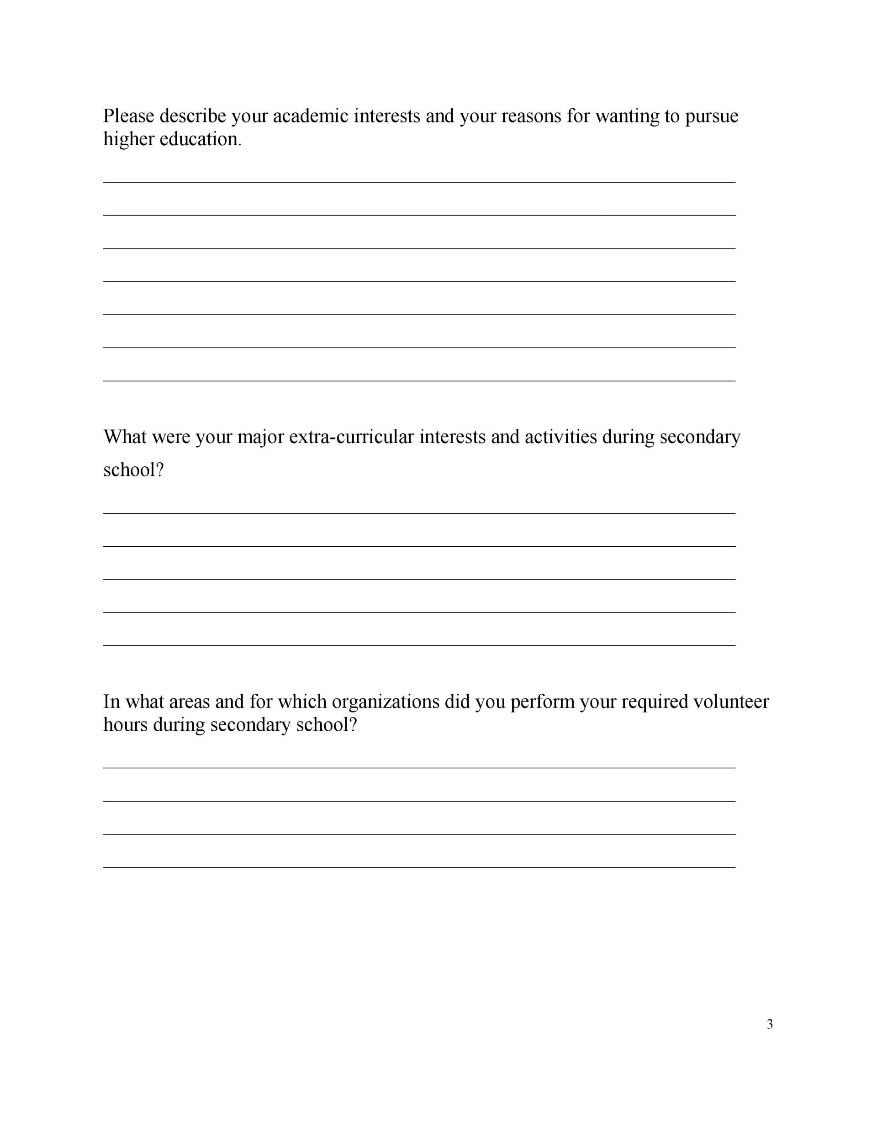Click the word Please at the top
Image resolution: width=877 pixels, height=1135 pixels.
[x=128, y=116]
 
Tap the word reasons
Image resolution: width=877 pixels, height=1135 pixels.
[x=531, y=116]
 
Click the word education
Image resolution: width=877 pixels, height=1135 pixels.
[x=200, y=139]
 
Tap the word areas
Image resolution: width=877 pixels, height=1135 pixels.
[x=189, y=702]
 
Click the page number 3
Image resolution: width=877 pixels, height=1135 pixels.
[x=769, y=1024]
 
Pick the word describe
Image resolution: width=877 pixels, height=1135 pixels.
[x=192, y=116]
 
